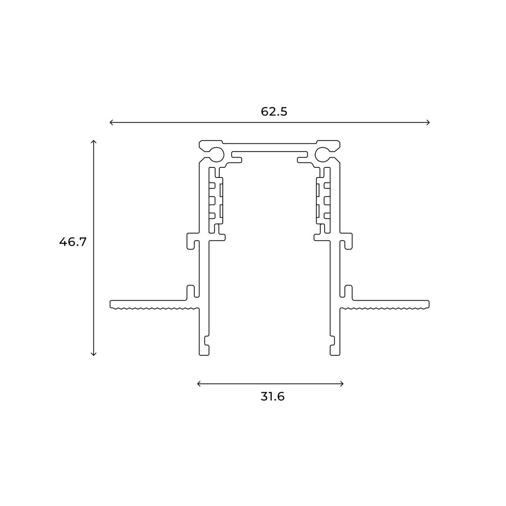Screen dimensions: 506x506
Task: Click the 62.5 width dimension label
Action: pyautogui.click(x=274, y=112)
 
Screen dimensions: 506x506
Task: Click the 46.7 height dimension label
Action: pyautogui.click(x=73, y=242)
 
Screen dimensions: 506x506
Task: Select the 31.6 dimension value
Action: pyautogui.click(x=272, y=397)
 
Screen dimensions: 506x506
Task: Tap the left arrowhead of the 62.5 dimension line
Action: pyautogui.click(x=111, y=123)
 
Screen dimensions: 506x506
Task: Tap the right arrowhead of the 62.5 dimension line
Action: pyautogui.click(x=428, y=123)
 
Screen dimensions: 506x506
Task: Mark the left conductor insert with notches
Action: pyautogui.click(x=216, y=200)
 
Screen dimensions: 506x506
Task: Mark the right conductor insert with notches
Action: pyautogui.click(x=323, y=200)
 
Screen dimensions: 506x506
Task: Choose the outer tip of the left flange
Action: pyautogui.click(x=112, y=304)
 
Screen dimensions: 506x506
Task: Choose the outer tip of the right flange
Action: pyautogui.click(x=428, y=304)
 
